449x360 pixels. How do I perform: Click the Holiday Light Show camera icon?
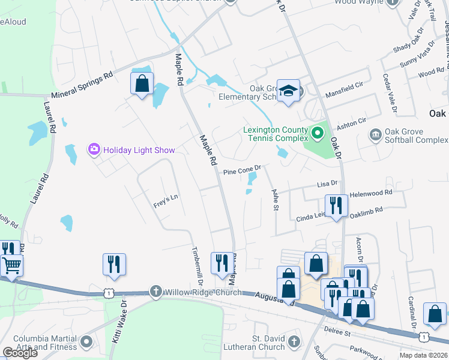pos(94,149)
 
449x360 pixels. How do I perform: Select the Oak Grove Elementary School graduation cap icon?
pos(289,91)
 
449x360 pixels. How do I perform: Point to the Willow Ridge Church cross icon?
pos(155,292)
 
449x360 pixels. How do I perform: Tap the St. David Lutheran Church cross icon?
pos(294,341)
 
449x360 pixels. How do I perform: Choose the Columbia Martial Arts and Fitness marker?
pos(86,342)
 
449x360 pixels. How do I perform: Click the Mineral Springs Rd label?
pos(82,86)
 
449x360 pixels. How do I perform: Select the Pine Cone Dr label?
pos(243,170)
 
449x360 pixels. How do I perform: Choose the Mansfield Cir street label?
pos(346,94)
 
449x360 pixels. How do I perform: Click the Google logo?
pos(19,353)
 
